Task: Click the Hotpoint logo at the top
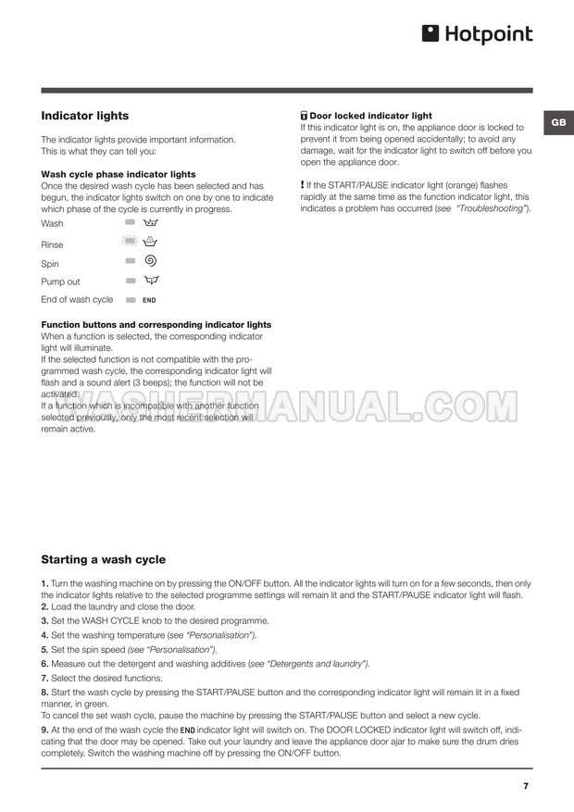477,34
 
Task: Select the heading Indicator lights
85,116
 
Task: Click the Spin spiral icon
150,262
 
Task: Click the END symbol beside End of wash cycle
149,300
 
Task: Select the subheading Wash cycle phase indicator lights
119,174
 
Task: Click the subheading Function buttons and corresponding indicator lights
156,325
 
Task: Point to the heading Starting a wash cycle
104,559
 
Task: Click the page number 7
526,786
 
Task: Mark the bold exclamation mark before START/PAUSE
303,185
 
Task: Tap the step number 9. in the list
44,730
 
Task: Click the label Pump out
60,281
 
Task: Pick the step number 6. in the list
44,664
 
